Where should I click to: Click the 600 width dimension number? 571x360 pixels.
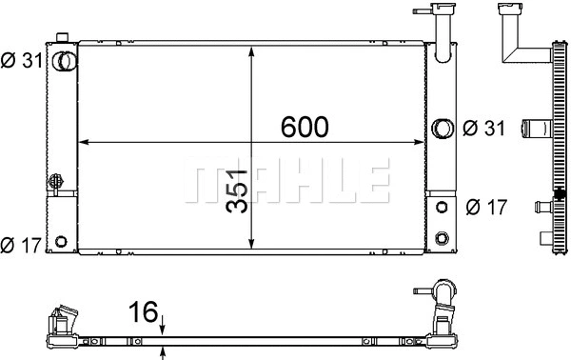304,126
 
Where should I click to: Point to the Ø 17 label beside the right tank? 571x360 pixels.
486,206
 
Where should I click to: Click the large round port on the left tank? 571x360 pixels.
63,62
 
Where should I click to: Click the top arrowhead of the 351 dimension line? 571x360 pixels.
251,48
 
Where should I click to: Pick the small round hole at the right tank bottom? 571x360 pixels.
442,236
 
